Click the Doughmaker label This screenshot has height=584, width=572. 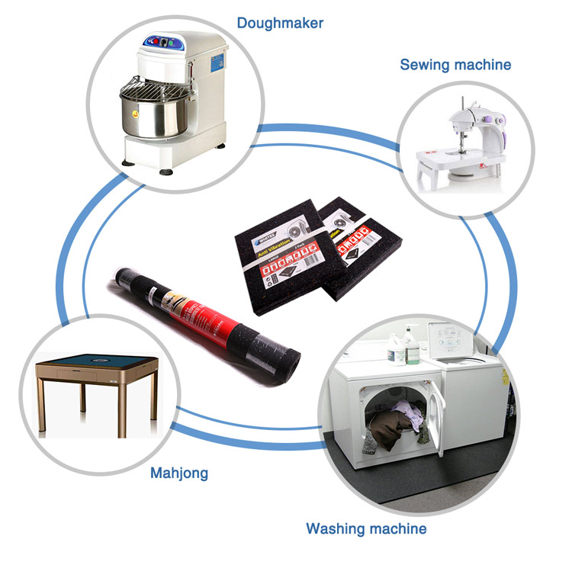[x=280, y=23]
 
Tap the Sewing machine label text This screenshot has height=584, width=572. [x=455, y=65]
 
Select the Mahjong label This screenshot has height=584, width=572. [x=178, y=473]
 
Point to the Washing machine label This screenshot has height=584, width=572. [x=366, y=528]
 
